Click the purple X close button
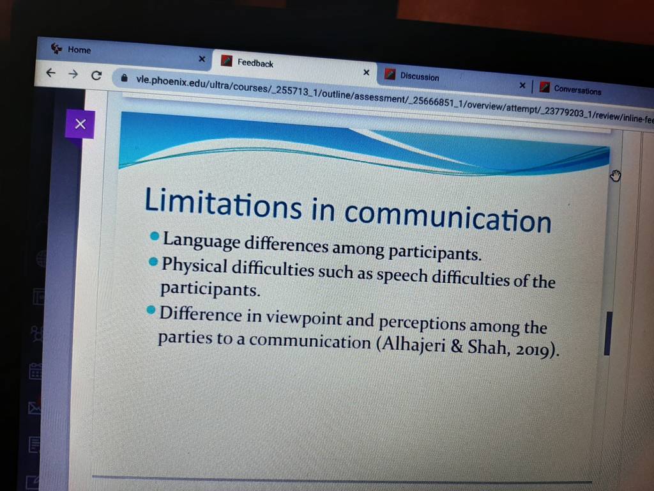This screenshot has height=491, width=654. (80, 124)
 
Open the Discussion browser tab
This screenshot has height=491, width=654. (420, 77)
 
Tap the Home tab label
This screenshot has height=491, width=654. (79, 50)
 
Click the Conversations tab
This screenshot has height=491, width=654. (577, 90)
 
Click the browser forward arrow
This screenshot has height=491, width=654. (73, 74)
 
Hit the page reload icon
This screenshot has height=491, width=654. (96, 75)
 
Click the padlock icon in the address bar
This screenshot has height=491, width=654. (124, 78)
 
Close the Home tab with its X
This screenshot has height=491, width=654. (202, 59)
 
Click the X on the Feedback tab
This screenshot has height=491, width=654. (366, 72)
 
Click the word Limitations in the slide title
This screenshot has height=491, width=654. (223, 203)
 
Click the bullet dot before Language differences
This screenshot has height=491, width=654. (155, 237)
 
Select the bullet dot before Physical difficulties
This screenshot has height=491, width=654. (153, 261)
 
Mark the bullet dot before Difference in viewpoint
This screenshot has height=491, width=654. (151, 310)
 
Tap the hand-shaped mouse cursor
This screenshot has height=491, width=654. (616, 176)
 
